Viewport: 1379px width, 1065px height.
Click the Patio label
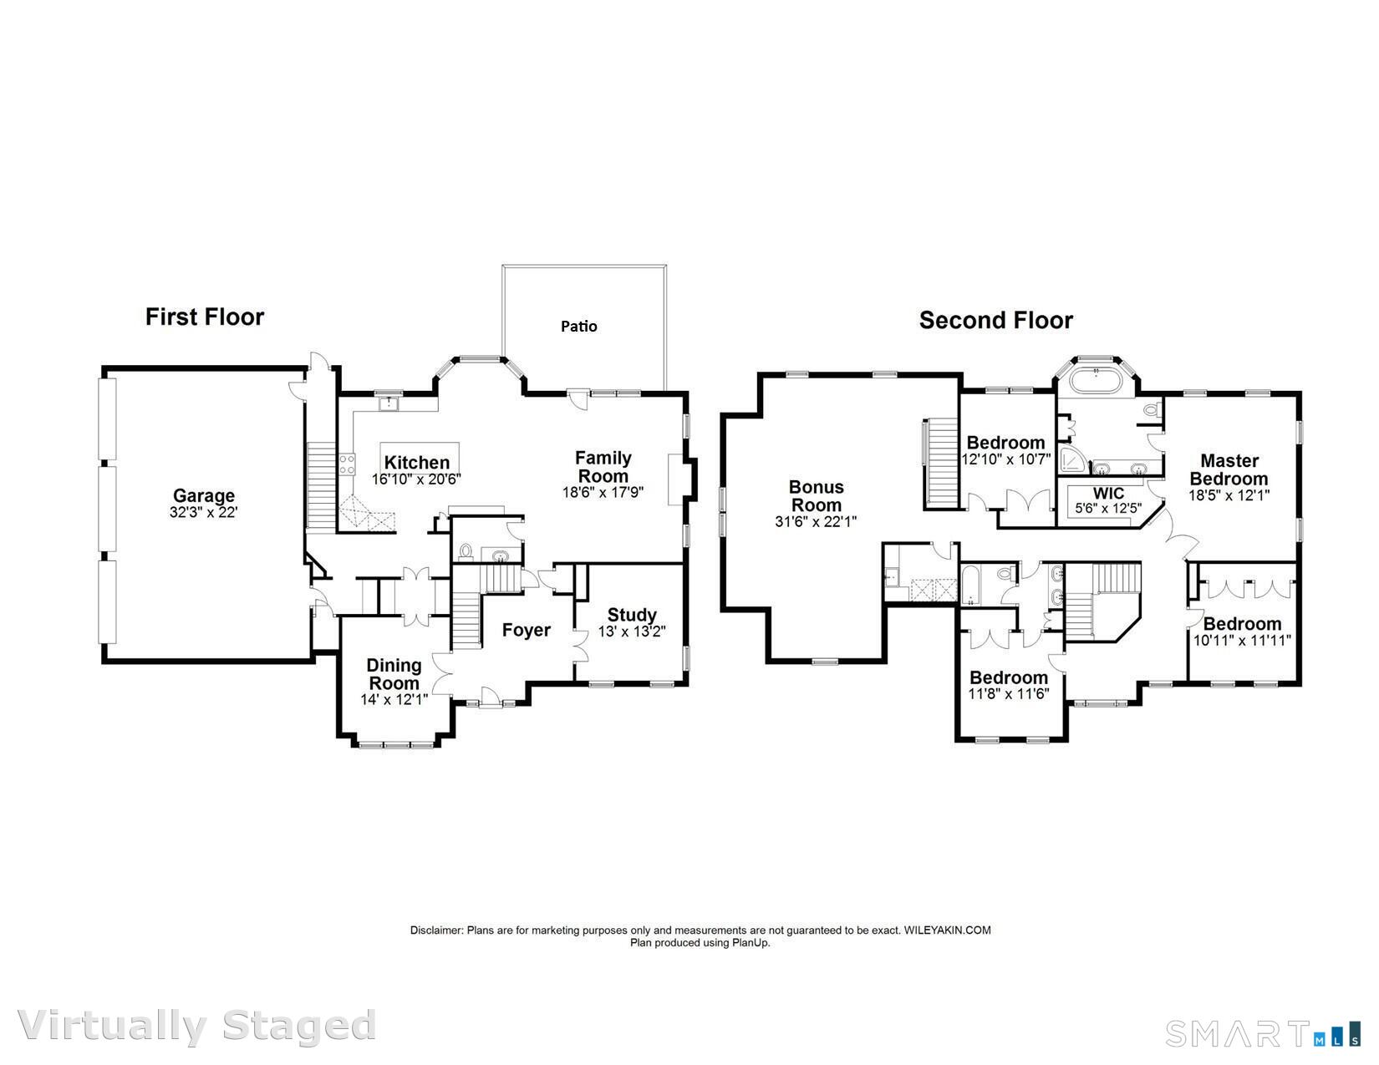coord(578,326)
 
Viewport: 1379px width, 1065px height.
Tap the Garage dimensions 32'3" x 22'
coord(203,512)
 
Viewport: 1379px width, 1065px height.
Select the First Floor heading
coord(205,317)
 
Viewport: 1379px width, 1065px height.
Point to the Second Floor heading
coord(995,320)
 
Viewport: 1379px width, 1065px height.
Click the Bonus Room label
coord(816,496)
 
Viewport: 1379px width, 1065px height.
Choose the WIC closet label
coord(1108,493)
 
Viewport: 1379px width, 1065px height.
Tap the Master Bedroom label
coord(1229,469)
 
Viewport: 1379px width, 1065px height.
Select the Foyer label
coord(526,630)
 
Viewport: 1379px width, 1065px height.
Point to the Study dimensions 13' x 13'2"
coord(632,631)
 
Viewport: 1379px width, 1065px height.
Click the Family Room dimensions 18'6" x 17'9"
coord(603,492)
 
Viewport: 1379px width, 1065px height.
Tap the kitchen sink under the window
coord(389,403)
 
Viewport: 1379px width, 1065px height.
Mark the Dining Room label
coord(394,674)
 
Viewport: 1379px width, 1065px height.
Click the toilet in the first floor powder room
coord(466,552)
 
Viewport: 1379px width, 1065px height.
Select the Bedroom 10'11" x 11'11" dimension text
coord(1242,641)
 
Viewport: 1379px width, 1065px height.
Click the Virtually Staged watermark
coord(196,1027)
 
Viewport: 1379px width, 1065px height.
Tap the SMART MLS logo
coord(1263,1033)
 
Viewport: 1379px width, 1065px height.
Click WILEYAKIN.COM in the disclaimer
coord(947,931)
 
